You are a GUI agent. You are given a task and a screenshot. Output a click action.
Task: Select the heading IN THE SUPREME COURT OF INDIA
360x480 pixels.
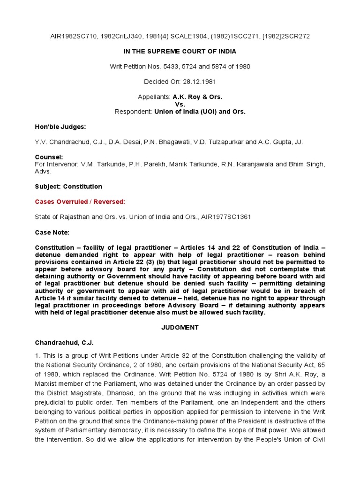pos(180,52)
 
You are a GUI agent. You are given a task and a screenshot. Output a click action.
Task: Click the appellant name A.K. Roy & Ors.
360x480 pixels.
pos(197,97)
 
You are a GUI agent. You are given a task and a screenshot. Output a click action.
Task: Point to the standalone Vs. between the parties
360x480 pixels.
pos(180,104)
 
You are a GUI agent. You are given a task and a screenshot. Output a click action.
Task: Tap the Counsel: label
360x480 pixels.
pos(49,157)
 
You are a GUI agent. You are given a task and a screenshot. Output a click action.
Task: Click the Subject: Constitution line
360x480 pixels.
pos(68,187)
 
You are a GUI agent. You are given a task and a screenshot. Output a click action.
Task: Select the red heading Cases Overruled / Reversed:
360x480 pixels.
pos(80,202)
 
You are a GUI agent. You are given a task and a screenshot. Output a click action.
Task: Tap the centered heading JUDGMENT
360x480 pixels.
pos(180,328)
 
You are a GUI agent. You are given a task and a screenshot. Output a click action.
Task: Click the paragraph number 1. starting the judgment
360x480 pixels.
pos(38,356)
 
